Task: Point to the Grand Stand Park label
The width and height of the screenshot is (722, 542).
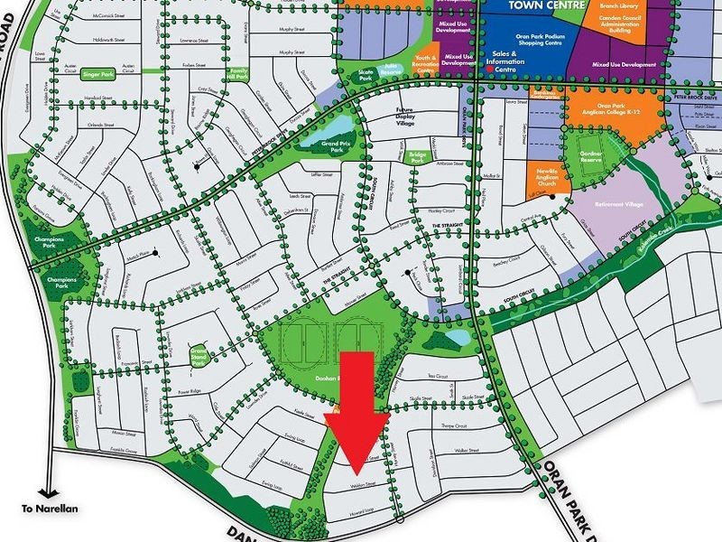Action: tap(199, 356)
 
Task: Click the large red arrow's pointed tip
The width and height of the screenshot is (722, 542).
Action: tap(356, 474)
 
